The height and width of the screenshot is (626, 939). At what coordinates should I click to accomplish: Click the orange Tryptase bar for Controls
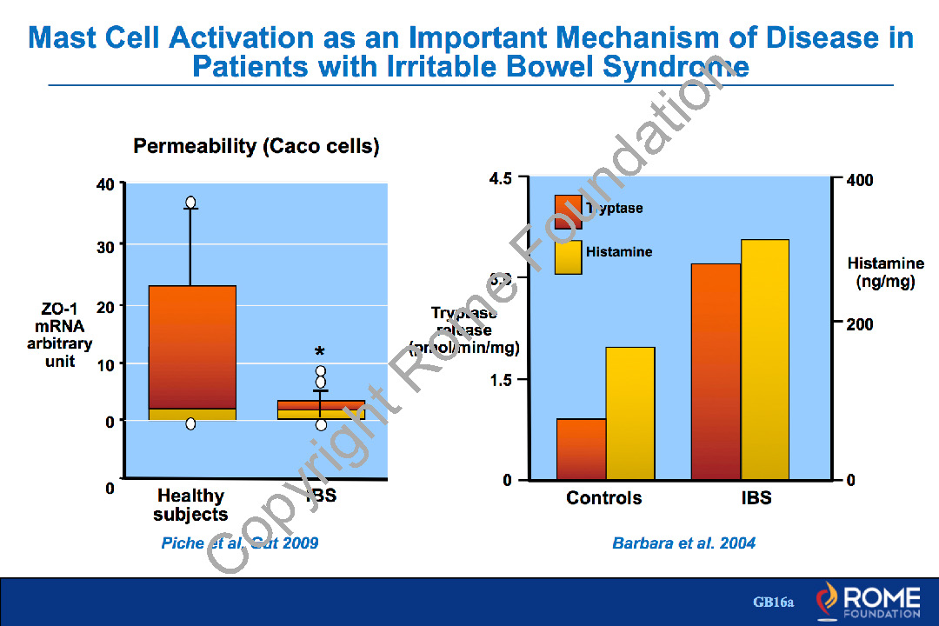[x=582, y=450]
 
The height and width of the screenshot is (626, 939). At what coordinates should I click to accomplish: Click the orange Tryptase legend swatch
[x=568, y=211]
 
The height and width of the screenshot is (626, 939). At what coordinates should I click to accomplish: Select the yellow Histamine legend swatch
[x=568, y=256]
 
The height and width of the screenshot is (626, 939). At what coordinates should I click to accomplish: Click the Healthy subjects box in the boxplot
[x=192, y=348]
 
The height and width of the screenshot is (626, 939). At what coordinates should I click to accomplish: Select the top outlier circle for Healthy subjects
[x=190, y=202]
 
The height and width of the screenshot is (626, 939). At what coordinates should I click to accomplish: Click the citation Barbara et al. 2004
[x=683, y=543]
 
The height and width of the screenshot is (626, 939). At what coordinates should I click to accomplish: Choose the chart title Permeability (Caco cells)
[x=256, y=147]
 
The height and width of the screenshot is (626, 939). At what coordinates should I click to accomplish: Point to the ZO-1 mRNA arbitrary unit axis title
[x=59, y=335]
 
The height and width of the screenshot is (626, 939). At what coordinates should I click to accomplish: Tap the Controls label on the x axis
[x=604, y=498]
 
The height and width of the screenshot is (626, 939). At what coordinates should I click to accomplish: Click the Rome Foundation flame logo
[x=827, y=600]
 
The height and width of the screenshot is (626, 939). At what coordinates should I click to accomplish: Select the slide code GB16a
[x=774, y=602]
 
